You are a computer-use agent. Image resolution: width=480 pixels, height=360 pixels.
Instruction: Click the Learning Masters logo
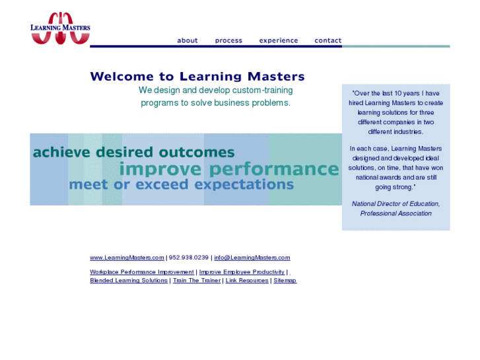point(60,28)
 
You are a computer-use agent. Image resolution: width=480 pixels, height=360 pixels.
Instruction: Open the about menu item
point(188,40)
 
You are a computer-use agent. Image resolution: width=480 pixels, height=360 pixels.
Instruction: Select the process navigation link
point(228,40)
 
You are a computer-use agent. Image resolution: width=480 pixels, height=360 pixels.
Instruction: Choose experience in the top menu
point(278,40)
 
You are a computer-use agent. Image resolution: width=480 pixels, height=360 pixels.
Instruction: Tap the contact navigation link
point(327,40)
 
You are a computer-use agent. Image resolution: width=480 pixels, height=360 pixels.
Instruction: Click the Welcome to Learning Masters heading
point(197,77)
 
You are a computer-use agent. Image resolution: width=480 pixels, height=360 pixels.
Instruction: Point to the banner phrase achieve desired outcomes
point(133,153)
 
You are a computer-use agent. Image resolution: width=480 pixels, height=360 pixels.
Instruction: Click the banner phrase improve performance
point(228,169)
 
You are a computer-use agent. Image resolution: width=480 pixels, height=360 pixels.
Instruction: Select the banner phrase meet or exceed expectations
point(181,184)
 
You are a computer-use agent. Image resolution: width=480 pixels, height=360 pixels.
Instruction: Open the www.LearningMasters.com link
point(127,258)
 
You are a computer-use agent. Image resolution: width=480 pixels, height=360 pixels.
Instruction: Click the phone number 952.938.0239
point(189,258)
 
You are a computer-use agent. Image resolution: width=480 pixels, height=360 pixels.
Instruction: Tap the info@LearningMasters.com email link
point(252,258)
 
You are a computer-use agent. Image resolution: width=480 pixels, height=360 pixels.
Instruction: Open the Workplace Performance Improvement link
point(142,272)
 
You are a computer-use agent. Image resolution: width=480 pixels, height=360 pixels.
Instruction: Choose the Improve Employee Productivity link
point(242,272)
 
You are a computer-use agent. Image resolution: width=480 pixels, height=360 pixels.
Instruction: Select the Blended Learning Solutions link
point(129,281)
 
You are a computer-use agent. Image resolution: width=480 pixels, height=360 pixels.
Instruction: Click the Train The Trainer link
point(197,281)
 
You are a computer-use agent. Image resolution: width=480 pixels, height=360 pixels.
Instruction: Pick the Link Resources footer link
point(247,281)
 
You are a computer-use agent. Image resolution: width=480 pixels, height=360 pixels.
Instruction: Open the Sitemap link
point(285,281)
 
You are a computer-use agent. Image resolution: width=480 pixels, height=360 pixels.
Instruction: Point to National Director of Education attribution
point(395,204)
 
